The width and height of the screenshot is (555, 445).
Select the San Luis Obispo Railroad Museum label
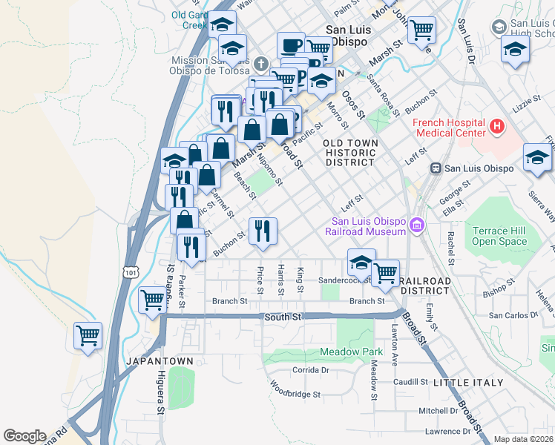pos(369,226)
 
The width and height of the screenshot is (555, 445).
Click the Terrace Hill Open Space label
pos(500,236)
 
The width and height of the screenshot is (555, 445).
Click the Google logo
pos(24,436)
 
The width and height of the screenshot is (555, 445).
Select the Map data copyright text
pos(524,439)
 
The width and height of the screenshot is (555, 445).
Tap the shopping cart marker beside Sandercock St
pos(385,274)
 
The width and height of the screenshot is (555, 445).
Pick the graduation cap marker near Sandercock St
pos(361,263)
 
